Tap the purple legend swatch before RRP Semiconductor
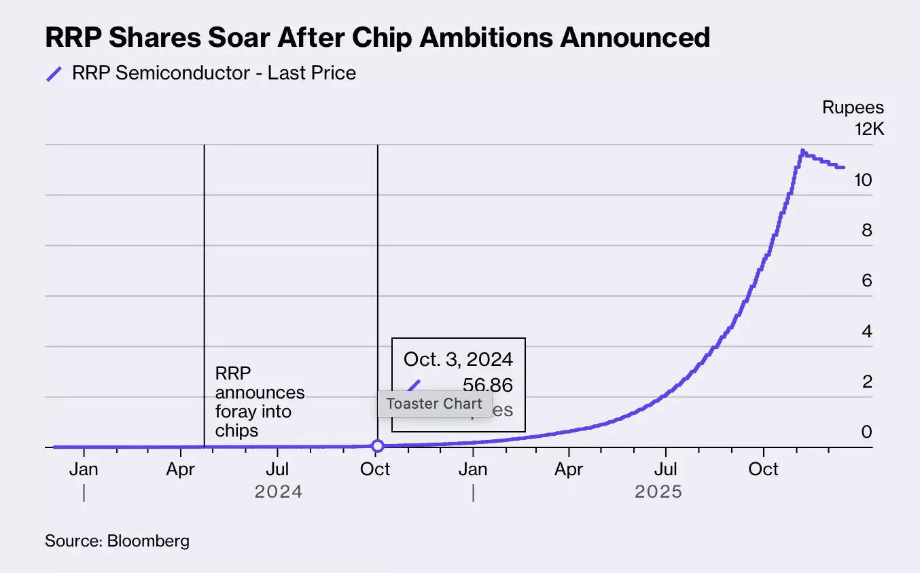click(x=54, y=74)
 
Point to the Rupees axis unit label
click(x=853, y=108)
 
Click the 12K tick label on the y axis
click(x=869, y=129)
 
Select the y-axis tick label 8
click(x=866, y=230)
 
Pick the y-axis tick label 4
click(x=866, y=331)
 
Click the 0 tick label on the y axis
click(x=866, y=432)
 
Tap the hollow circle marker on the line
click(x=378, y=446)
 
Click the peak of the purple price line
click(x=802, y=151)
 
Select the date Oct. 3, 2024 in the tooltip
click(x=458, y=358)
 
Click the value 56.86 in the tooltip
click(x=487, y=386)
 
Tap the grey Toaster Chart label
click(x=434, y=403)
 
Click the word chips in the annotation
click(x=236, y=430)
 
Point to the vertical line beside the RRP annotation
click(x=205, y=272)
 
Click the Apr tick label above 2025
click(x=569, y=469)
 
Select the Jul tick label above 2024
click(x=277, y=469)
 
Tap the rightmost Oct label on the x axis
click(x=763, y=469)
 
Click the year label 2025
click(x=658, y=492)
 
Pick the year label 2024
click(x=278, y=492)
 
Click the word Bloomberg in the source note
click(x=148, y=541)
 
